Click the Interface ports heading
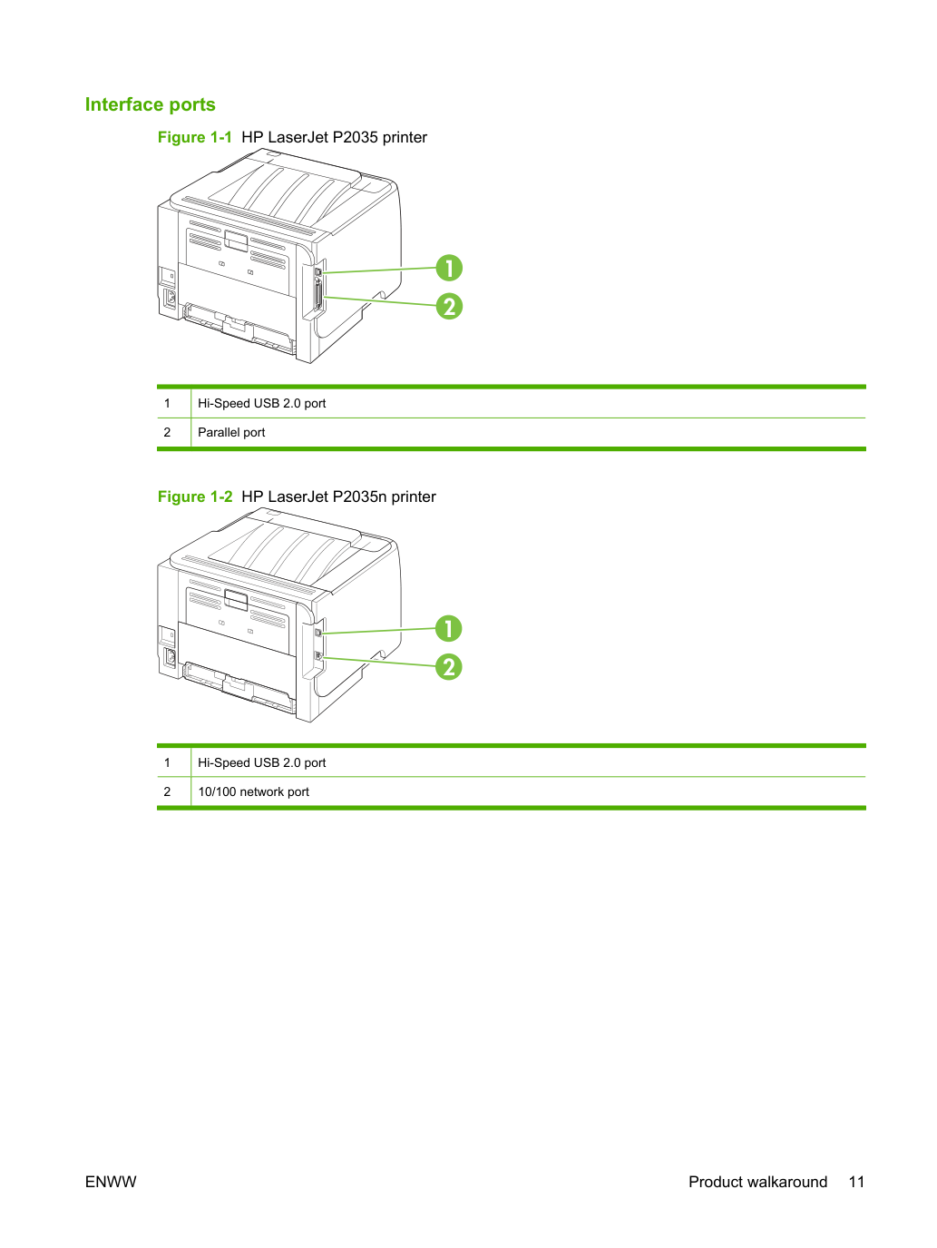150,104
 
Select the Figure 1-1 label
195,138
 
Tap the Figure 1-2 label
195,496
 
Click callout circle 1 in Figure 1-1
449,268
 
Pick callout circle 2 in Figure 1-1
449,307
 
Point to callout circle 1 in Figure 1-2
448,628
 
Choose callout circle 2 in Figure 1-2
448,667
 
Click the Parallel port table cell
231,433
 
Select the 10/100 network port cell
253,791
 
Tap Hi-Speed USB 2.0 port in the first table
262,404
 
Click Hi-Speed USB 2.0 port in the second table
262,763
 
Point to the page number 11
856,1182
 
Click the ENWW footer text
111,1182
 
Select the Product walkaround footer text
757,1182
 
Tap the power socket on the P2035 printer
170,299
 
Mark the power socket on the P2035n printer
170,657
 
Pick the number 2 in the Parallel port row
167,433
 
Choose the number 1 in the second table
167,763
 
